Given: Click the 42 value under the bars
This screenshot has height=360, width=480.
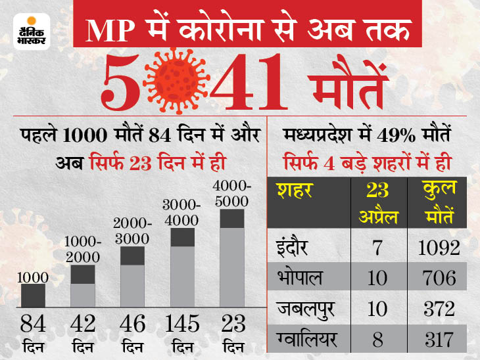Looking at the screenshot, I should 82,323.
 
